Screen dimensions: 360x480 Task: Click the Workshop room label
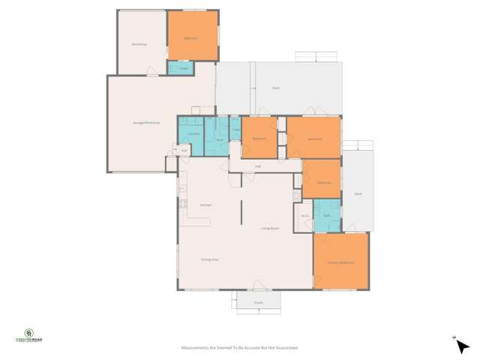point(138,45)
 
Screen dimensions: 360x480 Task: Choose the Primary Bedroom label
point(340,262)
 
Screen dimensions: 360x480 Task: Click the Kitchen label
point(205,205)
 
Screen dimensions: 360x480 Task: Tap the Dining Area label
point(209,259)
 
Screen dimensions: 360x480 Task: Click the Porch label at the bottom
point(258,303)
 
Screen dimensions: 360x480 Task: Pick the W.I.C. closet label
point(305,217)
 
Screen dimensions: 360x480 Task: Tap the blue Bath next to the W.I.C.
point(326,216)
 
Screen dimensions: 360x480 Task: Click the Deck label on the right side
point(358,194)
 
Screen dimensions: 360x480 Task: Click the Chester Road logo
point(29,334)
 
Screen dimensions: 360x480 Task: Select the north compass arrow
point(454,338)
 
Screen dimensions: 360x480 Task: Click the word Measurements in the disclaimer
point(196,347)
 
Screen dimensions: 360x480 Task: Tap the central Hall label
point(257,166)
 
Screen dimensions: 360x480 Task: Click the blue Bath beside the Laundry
point(220,139)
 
